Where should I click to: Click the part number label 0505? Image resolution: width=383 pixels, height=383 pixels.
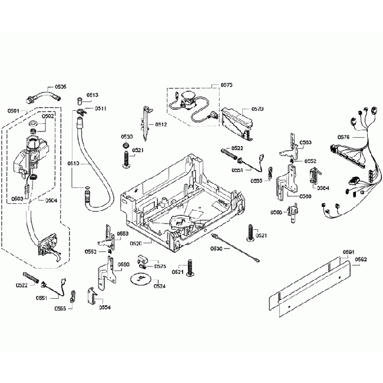(61, 87)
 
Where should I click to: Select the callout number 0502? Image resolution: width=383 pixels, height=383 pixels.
(48, 116)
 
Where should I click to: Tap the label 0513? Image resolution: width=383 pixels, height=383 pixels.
(93, 95)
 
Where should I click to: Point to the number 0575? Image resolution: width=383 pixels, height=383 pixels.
(226, 85)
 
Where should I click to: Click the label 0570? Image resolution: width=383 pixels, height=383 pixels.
(257, 109)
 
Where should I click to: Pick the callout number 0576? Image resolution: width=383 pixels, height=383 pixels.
(344, 138)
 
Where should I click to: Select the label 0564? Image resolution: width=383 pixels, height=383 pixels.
(323, 189)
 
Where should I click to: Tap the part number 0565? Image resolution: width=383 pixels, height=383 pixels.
(276, 212)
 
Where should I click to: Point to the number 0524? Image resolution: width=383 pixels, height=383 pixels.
(159, 286)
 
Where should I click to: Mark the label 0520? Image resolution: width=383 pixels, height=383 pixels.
(135, 243)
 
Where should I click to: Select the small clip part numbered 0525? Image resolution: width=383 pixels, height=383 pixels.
(142, 260)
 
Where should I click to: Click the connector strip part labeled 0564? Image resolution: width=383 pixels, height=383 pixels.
(313, 176)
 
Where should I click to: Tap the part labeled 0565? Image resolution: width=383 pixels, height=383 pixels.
(291, 213)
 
